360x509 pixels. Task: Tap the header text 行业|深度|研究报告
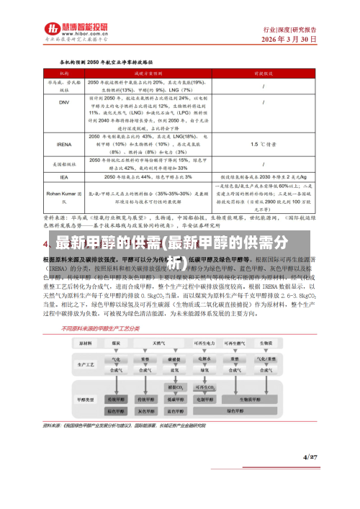point(289,30)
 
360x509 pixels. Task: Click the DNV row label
point(63,102)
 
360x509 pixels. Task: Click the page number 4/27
point(310,477)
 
